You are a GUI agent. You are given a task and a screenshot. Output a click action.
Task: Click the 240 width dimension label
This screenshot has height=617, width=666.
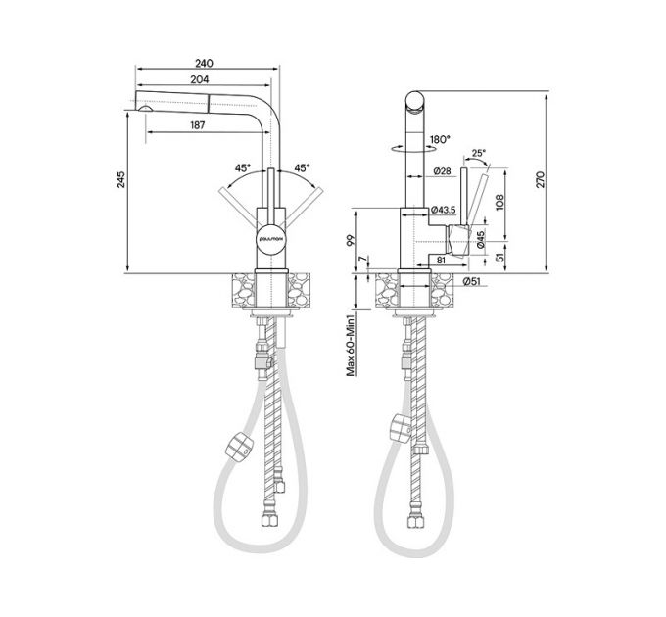(204, 63)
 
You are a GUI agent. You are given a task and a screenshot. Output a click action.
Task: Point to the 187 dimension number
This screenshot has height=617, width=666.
(198, 125)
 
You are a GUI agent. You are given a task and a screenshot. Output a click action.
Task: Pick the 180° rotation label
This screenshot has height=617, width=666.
(439, 139)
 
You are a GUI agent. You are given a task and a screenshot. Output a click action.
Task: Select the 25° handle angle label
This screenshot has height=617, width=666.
(478, 153)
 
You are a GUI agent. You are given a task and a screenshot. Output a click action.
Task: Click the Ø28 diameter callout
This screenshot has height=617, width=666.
(441, 171)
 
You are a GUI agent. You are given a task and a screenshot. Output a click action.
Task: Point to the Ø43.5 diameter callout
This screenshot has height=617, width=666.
(446, 210)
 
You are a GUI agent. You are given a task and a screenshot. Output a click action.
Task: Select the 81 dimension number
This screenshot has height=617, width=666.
(442, 260)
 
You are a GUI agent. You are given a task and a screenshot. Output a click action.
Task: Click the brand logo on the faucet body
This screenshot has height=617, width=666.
(271, 236)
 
